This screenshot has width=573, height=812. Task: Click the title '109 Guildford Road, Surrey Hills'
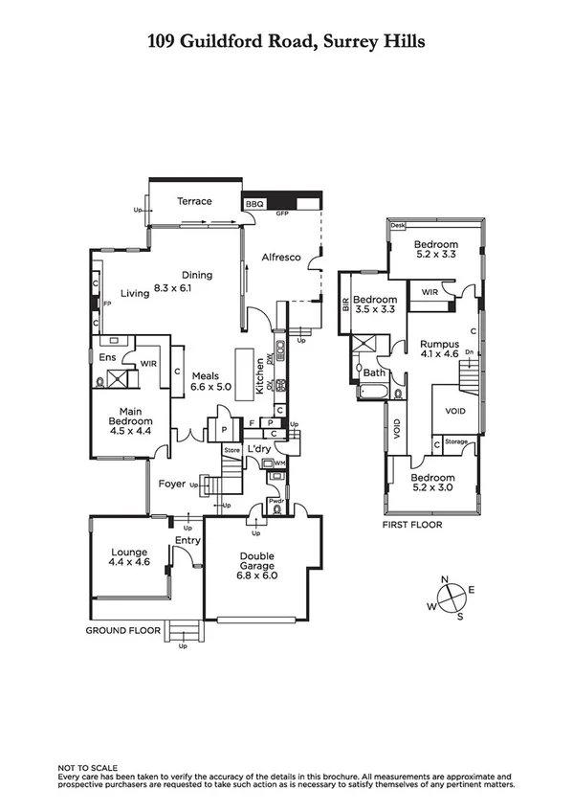(286, 41)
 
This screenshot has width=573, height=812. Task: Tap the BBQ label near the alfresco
(253, 204)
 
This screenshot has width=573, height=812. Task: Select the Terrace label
(194, 201)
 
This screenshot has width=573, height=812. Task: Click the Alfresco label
(282, 258)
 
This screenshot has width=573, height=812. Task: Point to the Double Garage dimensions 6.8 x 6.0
(257, 575)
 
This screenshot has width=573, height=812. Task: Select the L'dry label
(258, 448)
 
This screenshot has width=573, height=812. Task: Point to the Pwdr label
(275, 500)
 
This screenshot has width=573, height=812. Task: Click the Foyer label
(172, 484)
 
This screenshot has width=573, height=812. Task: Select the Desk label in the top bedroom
(399, 226)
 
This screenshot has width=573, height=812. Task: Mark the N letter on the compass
(444, 579)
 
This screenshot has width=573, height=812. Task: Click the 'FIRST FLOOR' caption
(411, 525)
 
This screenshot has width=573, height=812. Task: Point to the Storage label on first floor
(456, 442)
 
